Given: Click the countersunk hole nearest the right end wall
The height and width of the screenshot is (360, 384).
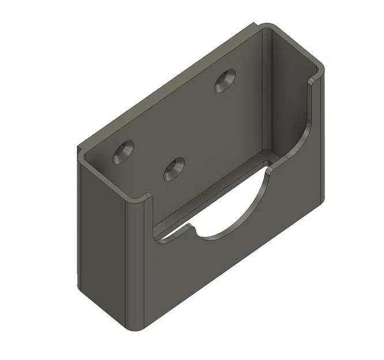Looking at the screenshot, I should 225,81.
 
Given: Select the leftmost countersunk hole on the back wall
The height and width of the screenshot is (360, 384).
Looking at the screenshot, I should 123,151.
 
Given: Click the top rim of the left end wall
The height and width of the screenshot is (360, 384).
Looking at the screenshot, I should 110,176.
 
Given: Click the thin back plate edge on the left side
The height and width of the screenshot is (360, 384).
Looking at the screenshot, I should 77,219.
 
